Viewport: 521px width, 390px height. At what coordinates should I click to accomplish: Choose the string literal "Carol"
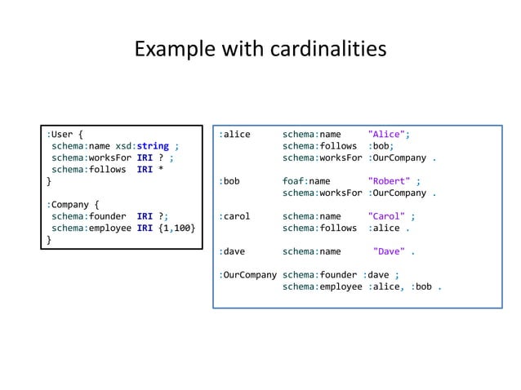[x=387, y=217]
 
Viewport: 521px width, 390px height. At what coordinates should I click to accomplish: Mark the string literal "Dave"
[x=390, y=252]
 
